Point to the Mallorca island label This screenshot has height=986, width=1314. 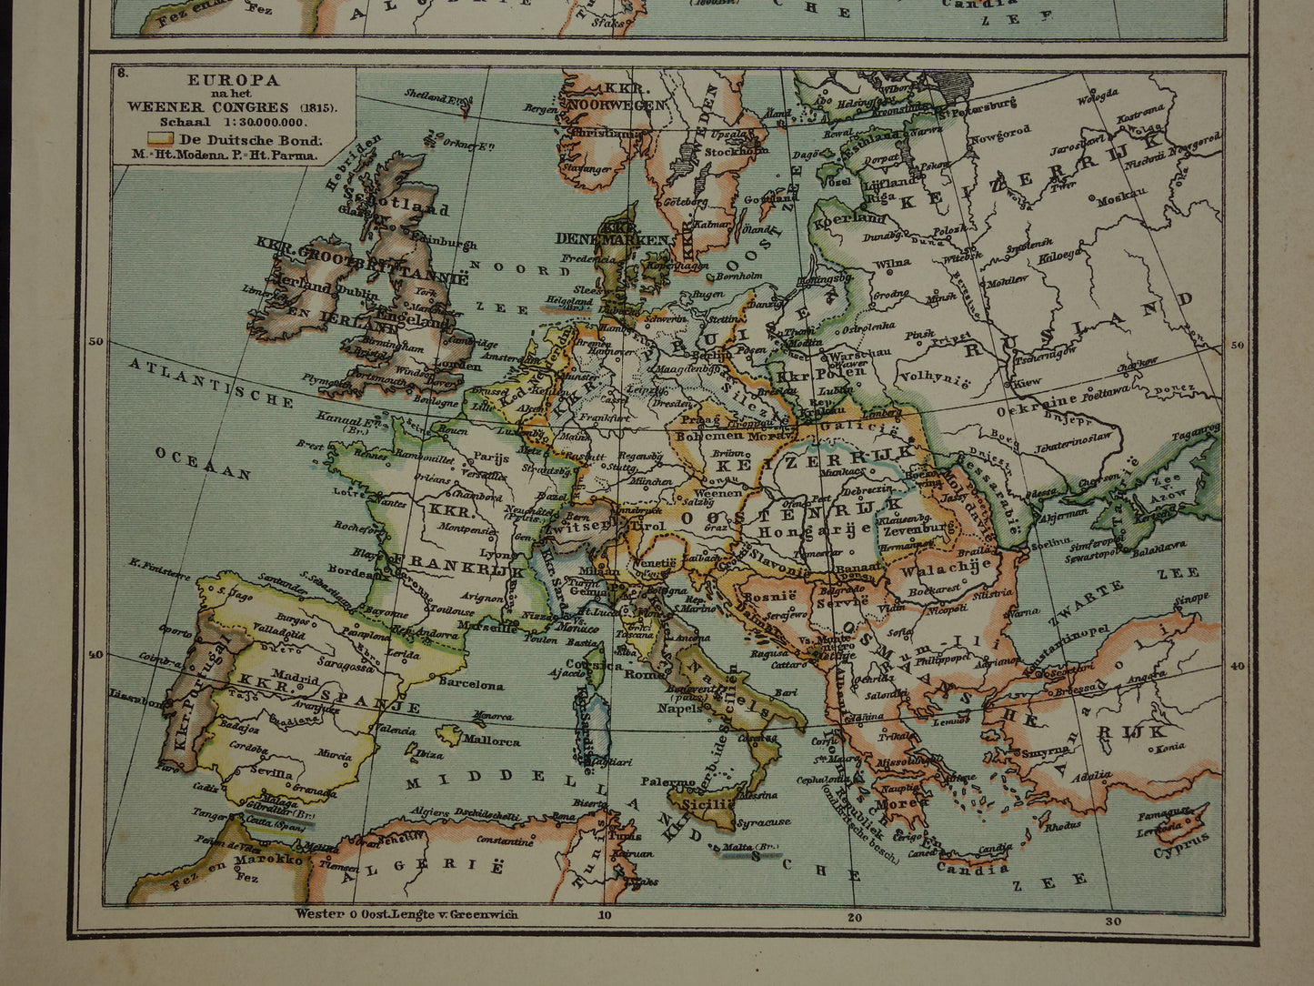click(x=490, y=741)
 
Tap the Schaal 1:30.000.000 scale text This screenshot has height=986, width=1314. click(x=233, y=121)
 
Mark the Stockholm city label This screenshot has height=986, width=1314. click(x=724, y=151)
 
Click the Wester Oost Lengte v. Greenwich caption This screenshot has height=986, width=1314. click(x=406, y=914)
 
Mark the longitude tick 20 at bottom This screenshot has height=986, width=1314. click(x=852, y=916)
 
